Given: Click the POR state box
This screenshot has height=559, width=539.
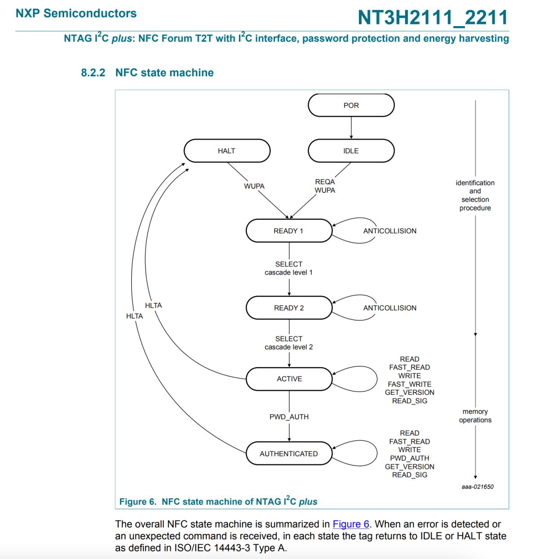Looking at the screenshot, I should [351, 105].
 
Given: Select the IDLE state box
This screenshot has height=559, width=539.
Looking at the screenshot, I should [351, 151].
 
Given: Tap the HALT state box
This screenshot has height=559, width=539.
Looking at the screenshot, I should [227, 151].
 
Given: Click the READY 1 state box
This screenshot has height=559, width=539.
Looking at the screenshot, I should [289, 231].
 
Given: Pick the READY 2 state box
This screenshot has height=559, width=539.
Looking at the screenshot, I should [289, 308].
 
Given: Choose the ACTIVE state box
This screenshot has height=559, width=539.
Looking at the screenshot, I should [289, 379].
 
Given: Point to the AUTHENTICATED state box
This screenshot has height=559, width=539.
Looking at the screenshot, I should [289, 454].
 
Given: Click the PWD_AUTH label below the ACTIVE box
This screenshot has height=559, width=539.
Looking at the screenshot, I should [289, 417].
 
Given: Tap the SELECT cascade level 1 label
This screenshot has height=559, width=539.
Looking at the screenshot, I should [289, 268].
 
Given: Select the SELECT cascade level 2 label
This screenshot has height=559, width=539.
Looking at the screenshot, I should [289, 343].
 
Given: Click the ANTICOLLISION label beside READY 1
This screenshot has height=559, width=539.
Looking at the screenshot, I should [390, 231].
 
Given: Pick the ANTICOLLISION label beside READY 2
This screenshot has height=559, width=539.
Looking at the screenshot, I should [390, 308].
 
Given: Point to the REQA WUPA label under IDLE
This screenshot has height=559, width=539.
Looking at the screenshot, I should [325, 186].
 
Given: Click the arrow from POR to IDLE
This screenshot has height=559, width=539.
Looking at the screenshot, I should [351, 128].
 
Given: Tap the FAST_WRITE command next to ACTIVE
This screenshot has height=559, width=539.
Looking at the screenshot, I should [409, 384].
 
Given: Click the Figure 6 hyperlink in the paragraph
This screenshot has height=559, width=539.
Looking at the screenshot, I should [351, 524].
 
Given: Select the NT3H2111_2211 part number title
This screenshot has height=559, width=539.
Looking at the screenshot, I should [433, 17].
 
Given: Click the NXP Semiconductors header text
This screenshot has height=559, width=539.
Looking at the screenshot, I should [76, 13].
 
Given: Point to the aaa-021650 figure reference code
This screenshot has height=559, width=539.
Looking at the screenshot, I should [477, 487].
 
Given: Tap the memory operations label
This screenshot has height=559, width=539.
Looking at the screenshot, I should [475, 416].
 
